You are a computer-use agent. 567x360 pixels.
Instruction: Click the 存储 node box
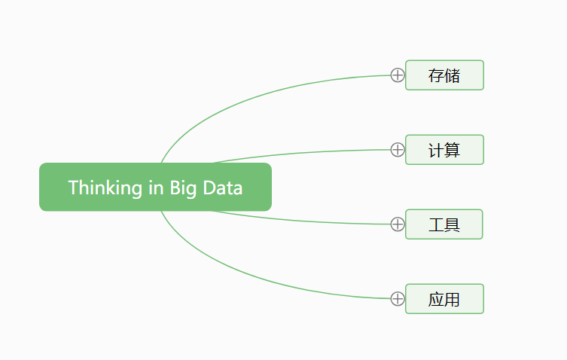pos(444,75)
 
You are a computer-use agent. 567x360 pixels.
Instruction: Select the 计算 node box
pos(444,150)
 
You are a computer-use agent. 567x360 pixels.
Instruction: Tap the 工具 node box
pos(444,224)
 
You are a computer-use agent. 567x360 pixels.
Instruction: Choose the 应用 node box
pos(444,299)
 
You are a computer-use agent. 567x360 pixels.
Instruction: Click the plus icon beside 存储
pos(398,75)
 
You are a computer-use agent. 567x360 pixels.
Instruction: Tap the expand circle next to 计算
pos(398,150)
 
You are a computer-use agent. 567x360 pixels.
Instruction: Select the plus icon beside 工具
pos(398,224)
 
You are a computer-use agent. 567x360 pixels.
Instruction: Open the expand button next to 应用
pos(398,299)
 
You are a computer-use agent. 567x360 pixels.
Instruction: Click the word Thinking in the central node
pos(105,188)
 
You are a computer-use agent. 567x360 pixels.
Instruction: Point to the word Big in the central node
pos(183,188)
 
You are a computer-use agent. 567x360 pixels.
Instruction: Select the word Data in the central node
pos(222,188)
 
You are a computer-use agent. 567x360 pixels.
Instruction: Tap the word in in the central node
pos(156,188)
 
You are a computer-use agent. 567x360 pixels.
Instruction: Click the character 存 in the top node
pos(436,75)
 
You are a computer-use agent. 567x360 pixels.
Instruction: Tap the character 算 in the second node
pos(453,150)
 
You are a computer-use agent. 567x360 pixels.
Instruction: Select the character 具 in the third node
pos(452,224)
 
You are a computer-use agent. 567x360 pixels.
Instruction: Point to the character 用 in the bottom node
pos(453,299)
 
